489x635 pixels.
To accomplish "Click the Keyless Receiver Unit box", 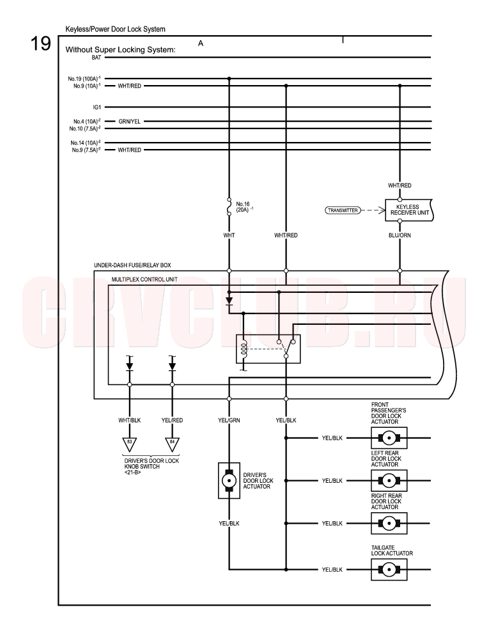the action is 409,210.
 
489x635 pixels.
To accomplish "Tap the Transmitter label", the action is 343,210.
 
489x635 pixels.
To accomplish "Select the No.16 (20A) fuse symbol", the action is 229,207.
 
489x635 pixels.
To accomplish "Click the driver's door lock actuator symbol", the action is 229,481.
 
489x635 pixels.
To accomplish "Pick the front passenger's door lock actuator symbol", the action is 389,438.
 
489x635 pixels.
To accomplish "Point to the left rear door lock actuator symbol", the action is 389,481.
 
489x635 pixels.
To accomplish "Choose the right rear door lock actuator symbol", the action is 389,523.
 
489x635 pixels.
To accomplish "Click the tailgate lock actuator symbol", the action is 389,569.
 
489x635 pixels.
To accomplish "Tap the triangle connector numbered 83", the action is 130,444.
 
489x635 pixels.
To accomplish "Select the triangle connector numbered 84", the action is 172,444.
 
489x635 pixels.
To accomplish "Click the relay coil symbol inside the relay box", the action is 244,349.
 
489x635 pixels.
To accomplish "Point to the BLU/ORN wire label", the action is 400,235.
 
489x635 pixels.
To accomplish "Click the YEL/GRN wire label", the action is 229,420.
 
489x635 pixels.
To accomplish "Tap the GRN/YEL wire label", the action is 130,122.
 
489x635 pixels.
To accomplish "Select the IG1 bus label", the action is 97,107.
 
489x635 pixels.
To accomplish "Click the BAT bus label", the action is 97,58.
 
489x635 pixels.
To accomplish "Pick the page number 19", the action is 41,43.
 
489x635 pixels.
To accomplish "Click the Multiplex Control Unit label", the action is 144,279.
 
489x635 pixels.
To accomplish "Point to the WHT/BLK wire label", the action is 130,420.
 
